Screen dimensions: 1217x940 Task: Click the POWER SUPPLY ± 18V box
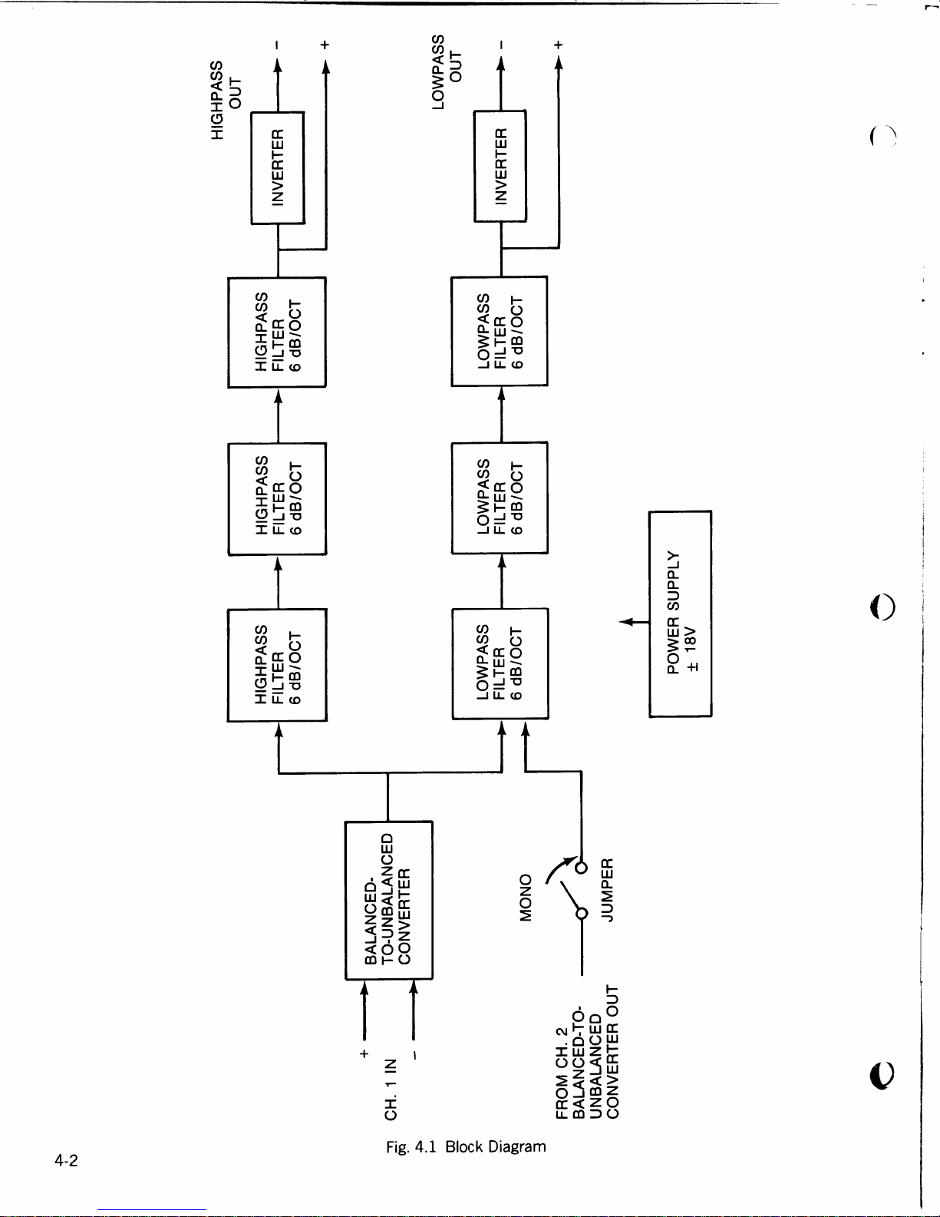click(x=680, y=613)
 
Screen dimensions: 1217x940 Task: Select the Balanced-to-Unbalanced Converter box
click(x=388, y=900)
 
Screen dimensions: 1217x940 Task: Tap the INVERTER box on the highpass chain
click(x=278, y=167)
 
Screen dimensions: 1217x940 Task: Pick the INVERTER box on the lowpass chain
click(x=500, y=166)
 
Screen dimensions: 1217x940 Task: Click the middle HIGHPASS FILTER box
click(x=278, y=498)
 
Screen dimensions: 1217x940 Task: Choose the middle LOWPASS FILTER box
click(x=500, y=498)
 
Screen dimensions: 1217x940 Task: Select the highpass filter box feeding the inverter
click(x=277, y=332)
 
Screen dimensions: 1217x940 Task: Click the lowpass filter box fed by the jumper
click(x=500, y=663)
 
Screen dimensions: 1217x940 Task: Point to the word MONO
click(x=526, y=897)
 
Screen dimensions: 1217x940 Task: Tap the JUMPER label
click(x=607, y=890)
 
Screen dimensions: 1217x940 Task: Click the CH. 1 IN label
click(x=391, y=1088)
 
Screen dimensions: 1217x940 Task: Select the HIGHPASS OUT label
click(x=226, y=100)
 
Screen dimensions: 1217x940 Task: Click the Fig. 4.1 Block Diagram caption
click(x=466, y=1146)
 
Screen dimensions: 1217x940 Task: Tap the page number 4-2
click(x=66, y=1160)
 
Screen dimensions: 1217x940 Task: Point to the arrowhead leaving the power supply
click(x=625, y=621)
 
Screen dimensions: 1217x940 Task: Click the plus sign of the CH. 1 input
click(x=364, y=1053)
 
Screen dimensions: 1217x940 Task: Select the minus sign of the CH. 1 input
click(x=414, y=1056)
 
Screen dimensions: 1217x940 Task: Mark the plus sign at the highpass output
click(x=325, y=45)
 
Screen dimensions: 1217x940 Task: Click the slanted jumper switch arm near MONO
click(x=570, y=895)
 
